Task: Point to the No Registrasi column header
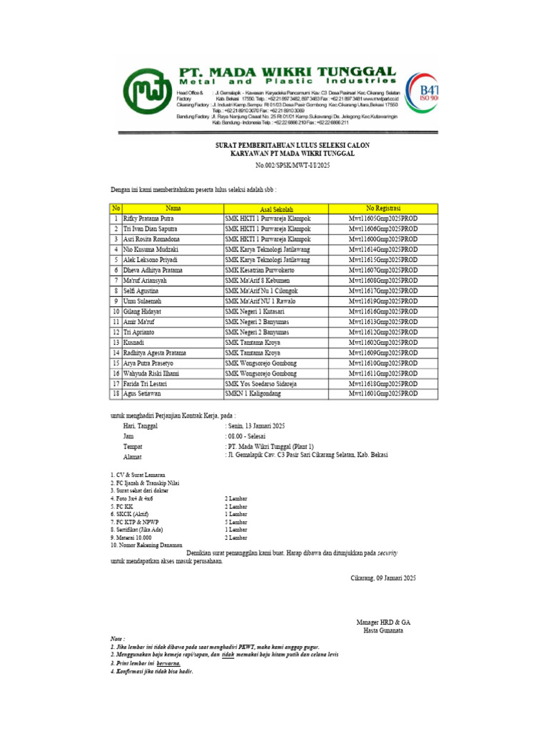[x=383, y=207]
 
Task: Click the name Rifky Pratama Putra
[x=148, y=218]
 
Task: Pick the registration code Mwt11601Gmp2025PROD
[x=383, y=393]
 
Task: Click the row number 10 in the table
[x=115, y=312]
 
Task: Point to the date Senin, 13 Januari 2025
[x=255, y=425]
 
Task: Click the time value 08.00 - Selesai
[x=248, y=435]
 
